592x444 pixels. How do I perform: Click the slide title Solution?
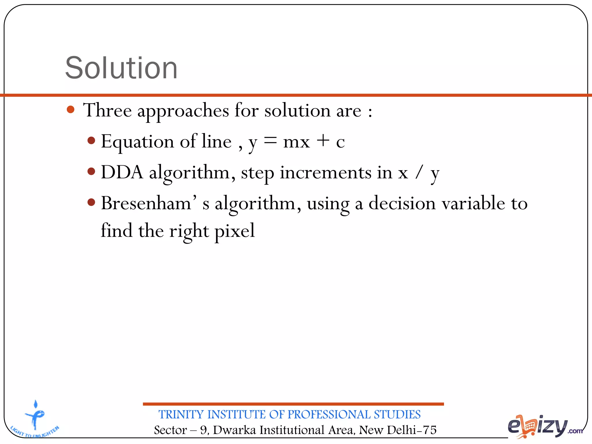coord(121,68)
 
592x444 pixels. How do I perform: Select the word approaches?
coord(183,111)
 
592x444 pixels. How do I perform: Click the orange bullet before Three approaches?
coord(71,110)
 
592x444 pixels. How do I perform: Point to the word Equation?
coord(137,142)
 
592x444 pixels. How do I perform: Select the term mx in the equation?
coord(296,142)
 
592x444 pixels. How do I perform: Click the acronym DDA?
coord(122,172)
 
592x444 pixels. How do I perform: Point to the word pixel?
coord(234,231)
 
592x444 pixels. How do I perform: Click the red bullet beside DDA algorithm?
coord(91,171)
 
